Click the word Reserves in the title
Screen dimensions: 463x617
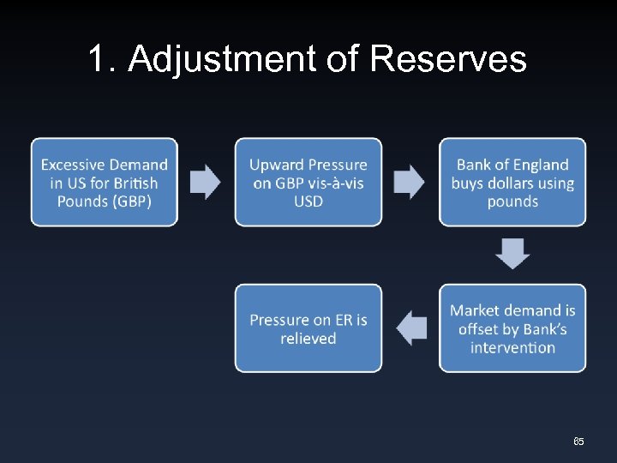pyautogui.click(x=447, y=59)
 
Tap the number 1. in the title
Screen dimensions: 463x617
pyautogui.click(x=105, y=59)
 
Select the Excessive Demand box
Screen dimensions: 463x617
pyautogui.click(x=105, y=182)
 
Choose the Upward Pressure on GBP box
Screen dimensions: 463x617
pyautogui.click(x=308, y=182)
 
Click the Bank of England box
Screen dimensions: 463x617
pyautogui.click(x=512, y=182)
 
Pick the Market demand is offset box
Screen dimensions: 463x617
pyautogui.click(x=512, y=328)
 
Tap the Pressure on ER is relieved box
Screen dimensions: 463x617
pyautogui.click(x=308, y=328)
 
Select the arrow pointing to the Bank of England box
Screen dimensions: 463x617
pyautogui.click(x=409, y=182)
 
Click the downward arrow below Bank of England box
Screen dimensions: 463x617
pyautogui.click(x=512, y=254)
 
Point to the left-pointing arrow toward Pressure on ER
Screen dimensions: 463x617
pyautogui.click(x=411, y=328)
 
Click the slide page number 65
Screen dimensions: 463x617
pyautogui.click(x=578, y=442)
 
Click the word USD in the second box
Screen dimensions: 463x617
pyautogui.click(x=308, y=201)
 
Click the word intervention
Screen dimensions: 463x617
pyautogui.click(x=512, y=347)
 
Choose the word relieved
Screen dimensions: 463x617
pyautogui.click(x=308, y=339)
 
